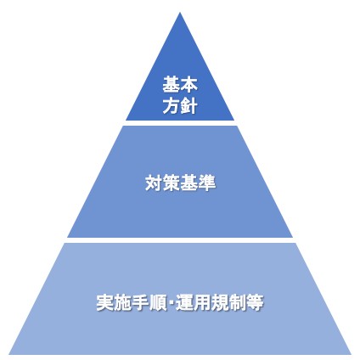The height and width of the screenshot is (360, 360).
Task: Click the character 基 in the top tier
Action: click(172, 84)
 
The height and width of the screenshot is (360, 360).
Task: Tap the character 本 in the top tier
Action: click(188, 84)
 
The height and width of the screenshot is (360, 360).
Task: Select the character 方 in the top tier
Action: click(172, 105)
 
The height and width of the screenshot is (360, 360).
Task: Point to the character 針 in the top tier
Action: click(188, 105)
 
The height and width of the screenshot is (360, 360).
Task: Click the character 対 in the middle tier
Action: click(154, 183)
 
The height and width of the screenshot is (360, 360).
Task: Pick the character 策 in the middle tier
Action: click(172, 183)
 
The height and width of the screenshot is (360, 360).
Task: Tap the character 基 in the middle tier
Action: click(188, 183)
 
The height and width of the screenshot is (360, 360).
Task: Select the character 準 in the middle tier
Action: click(206, 183)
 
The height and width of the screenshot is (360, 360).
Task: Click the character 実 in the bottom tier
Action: click(105, 302)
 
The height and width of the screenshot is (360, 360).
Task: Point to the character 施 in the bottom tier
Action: click(122, 302)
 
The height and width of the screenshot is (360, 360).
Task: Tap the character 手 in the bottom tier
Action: click(140, 302)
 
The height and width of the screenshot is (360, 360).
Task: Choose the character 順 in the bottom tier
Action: click(158, 302)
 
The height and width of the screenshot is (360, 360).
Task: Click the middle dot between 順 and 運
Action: click(172, 303)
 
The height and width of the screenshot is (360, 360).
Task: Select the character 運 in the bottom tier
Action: click(184, 302)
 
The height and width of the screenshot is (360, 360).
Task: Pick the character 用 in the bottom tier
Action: click(202, 302)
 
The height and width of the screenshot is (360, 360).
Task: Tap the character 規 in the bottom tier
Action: click(220, 302)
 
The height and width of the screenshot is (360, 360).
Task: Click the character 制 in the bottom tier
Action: click(237, 302)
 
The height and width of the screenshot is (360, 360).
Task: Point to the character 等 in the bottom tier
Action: click(255, 302)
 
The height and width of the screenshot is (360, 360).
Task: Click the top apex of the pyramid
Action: click(180, 13)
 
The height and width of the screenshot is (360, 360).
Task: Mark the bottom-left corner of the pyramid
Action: click(9, 354)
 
